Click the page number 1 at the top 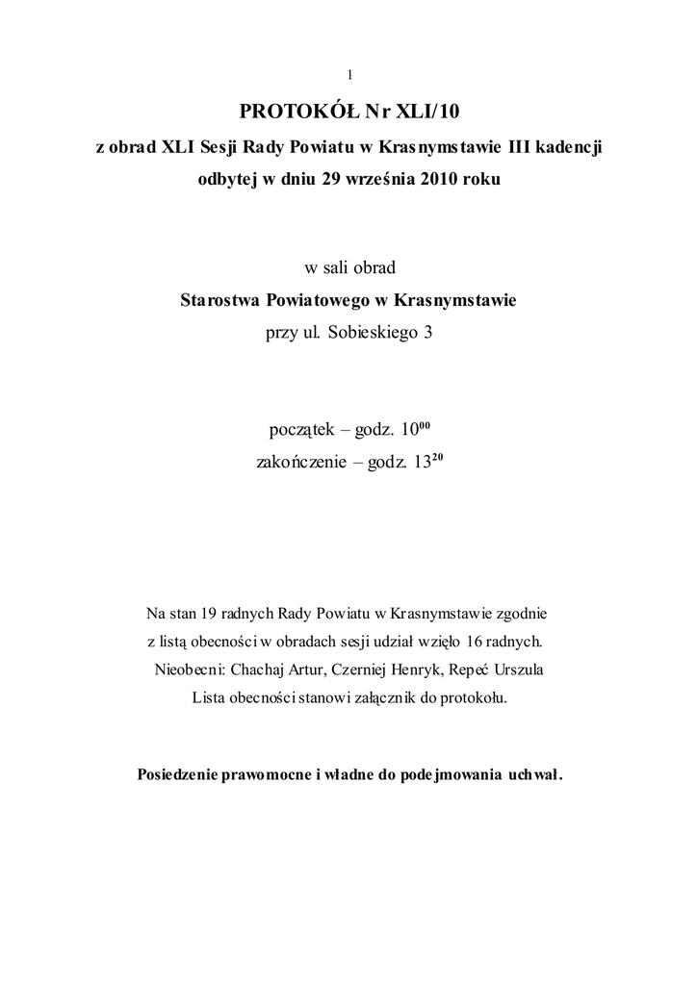click(348, 75)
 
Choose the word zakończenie click(303, 463)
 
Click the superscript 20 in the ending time click(435, 457)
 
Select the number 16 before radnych click(473, 640)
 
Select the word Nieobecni click(190, 669)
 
